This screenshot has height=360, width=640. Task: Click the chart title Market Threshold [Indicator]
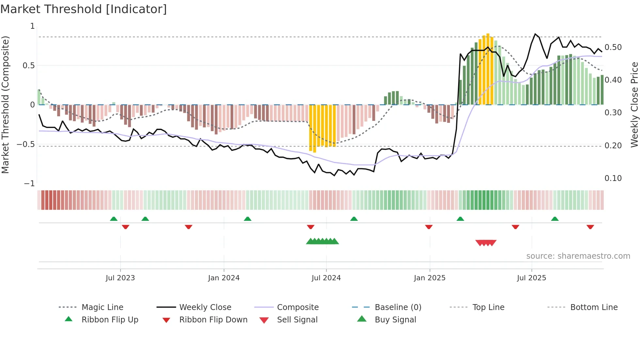coord(84,9)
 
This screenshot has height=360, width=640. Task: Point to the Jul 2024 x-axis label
coord(326,278)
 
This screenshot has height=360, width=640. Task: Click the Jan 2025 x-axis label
coord(429,278)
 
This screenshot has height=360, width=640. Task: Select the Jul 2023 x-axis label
coord(120,278)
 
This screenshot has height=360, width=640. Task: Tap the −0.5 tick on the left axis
coord(26,144)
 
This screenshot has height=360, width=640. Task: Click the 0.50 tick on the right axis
coord(613,47)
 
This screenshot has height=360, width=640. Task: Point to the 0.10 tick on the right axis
coord(613,178)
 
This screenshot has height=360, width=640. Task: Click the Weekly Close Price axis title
coord(634,105)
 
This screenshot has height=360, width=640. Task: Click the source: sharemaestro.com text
coord(578,256)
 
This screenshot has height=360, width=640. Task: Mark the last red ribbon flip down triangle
coord(590,227)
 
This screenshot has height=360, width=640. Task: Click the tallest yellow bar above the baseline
coord(488,69)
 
